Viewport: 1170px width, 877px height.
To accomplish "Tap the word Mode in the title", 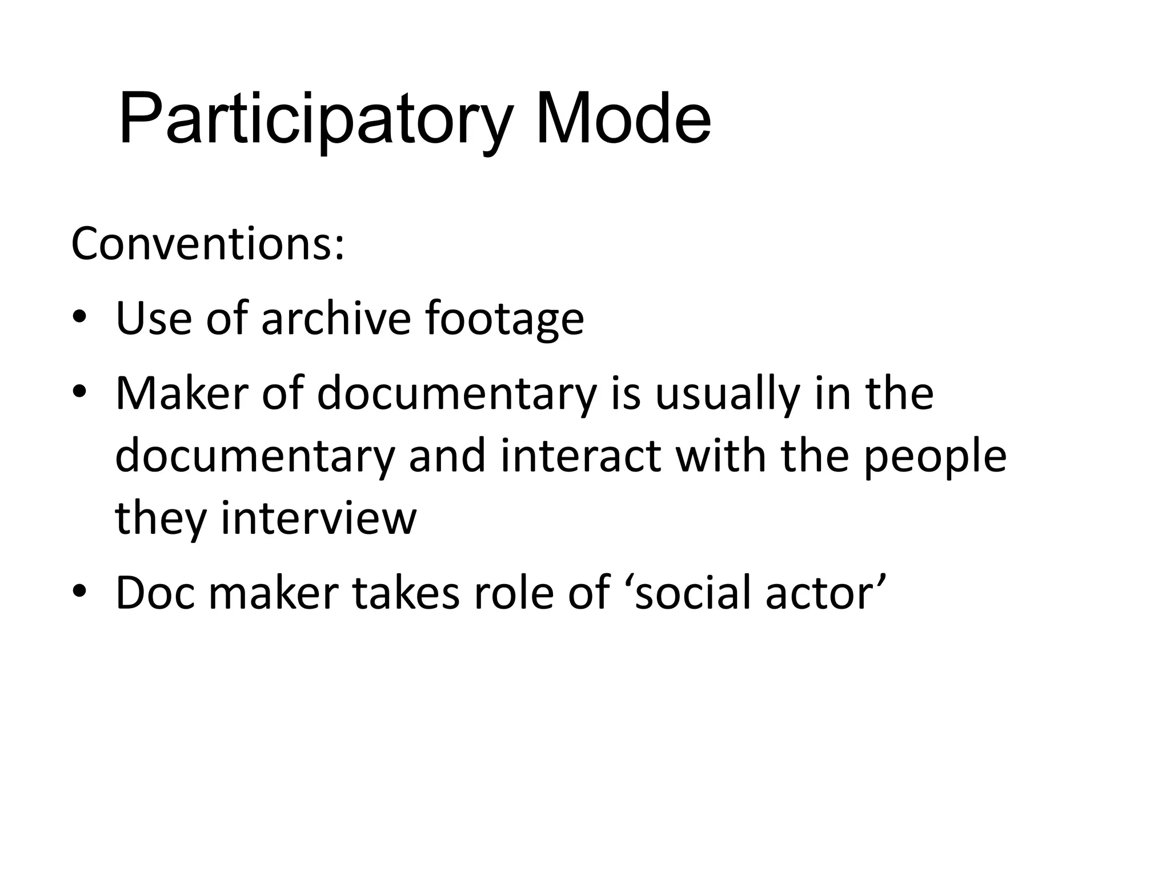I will point(623,120).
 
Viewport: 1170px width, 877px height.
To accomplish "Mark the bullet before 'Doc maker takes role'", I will point(79,593).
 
